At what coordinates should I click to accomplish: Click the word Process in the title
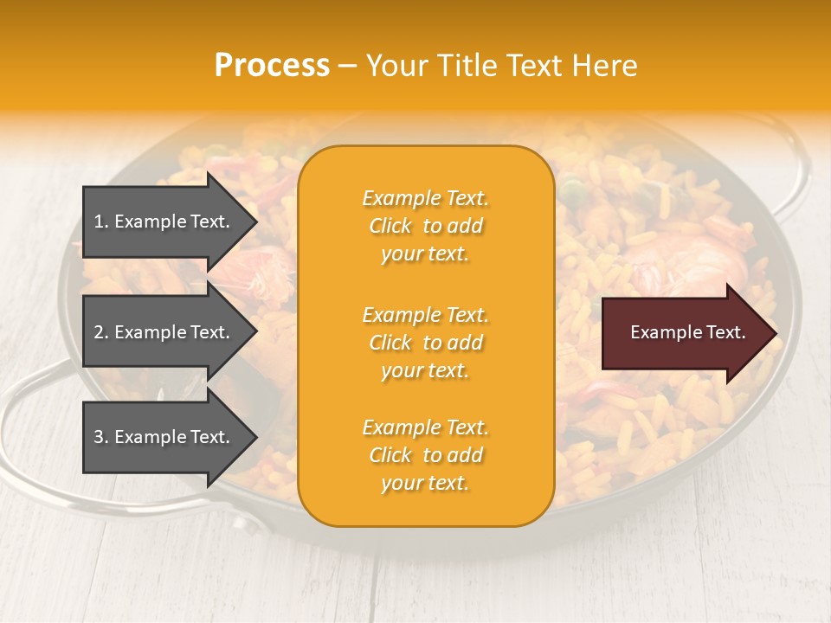tap(272, 65)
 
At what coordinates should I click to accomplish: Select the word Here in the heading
tap(604, 65)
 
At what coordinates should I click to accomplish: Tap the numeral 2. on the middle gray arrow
tap(101, 332)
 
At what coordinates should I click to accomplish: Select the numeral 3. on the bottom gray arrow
tap(101, 437)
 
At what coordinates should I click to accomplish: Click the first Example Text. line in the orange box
tap(425, 198)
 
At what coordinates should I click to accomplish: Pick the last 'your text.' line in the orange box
tap(425, 483)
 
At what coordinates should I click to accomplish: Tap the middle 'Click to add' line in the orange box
tap(425, 343)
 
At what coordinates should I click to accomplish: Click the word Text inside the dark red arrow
tap(727, 332)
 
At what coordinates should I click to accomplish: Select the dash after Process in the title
tap(347, 66)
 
